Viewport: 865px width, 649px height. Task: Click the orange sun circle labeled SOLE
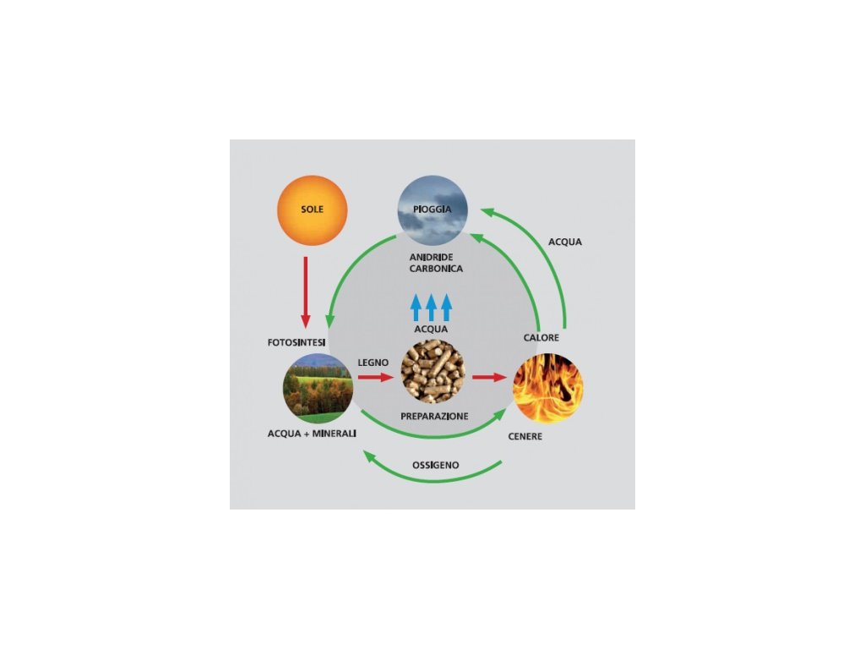312,210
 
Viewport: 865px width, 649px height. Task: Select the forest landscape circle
318,388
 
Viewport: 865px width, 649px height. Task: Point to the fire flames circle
548,388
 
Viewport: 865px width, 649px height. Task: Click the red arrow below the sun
305,292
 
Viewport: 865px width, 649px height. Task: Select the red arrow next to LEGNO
376,377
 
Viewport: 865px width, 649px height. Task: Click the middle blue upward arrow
431,306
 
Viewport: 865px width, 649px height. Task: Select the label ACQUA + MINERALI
312,434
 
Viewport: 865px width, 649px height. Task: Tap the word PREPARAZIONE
433,416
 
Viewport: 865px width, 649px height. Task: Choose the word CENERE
525,437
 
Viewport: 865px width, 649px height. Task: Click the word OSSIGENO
436,466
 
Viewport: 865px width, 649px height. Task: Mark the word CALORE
541,338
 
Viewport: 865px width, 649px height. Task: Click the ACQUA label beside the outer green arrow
564,242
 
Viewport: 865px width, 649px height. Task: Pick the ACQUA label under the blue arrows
431,329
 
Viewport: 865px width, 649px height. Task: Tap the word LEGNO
373,362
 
